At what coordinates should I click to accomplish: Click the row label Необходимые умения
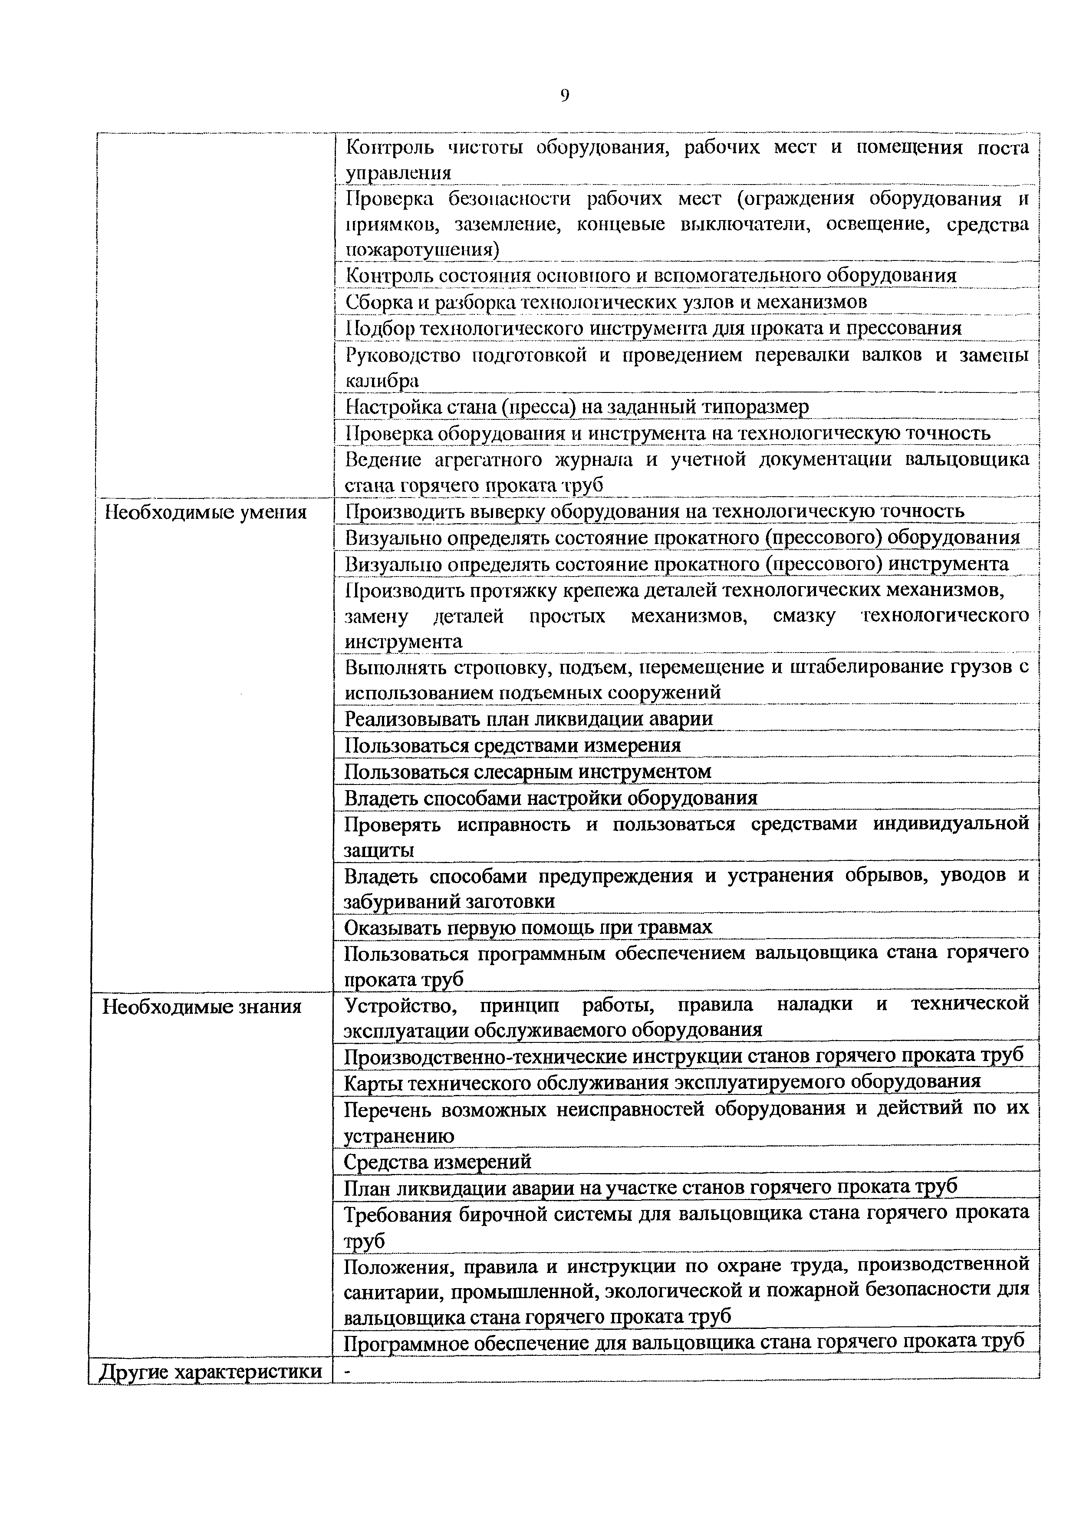[206, 512]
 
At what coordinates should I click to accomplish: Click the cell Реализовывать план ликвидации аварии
[528, 719]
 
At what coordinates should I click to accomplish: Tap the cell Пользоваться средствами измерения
[513, 745]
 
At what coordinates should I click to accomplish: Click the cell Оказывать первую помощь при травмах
[528, 926]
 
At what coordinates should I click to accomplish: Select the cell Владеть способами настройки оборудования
[550, 798]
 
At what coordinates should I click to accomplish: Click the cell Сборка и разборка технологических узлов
[606, 302]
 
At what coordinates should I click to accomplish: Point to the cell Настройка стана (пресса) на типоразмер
[577, 406]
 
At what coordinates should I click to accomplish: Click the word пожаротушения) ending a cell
[422, 250]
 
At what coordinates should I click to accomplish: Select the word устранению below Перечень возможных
[399, 1136]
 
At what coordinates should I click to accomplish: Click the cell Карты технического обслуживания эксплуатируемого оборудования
[661, 1081]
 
